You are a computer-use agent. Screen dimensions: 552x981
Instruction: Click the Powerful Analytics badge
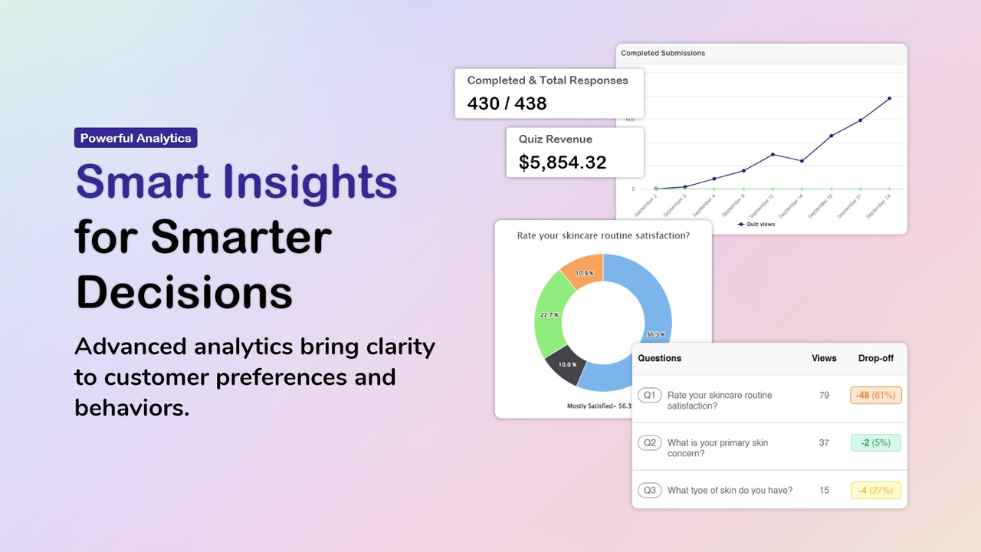(136, 138)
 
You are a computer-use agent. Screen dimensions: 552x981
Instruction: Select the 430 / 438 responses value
(507, 103)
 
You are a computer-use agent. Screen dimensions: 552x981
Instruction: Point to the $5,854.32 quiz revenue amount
(562, 163)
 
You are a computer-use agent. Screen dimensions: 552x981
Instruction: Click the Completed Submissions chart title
(663, 53)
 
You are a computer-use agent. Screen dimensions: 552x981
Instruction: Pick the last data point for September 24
(889, 98)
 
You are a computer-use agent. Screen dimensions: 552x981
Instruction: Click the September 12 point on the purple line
(773, 154)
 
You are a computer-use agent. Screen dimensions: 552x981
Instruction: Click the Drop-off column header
(875, 358)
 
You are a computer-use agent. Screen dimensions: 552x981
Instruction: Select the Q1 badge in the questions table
(649, 395)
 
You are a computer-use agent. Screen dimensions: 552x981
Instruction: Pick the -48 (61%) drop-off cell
(875, 396)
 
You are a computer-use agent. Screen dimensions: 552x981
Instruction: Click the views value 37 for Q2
(824, 443)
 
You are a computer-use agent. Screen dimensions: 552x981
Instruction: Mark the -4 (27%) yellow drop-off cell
(875, 491)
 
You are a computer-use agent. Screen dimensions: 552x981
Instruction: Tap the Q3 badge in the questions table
(649, 491)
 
